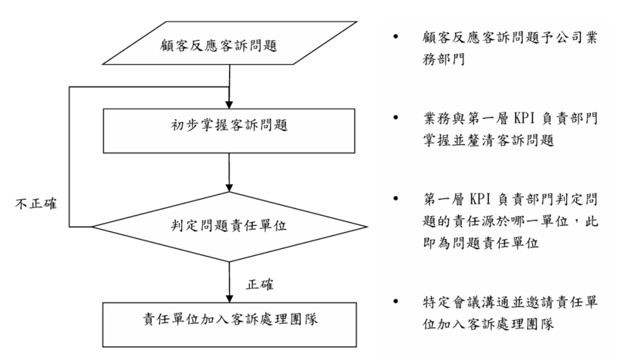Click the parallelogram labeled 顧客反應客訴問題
pyautogui.click(x=230, y=45)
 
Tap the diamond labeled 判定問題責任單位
pyautogui.click(x=230, y=227)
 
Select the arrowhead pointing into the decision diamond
pyautogui.click(x=230, y=187)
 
